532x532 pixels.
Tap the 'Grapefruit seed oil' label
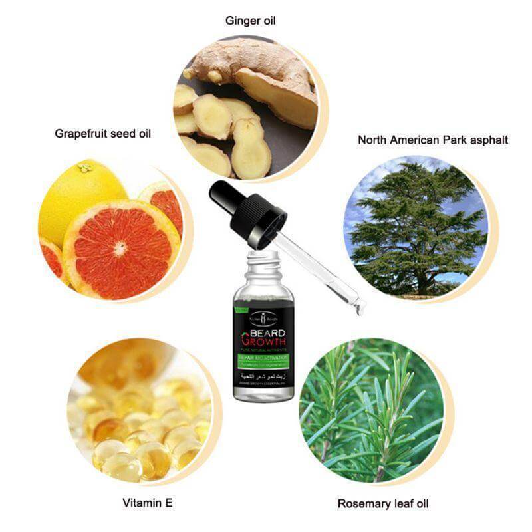[x=103, y=134]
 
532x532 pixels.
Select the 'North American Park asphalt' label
[x=433, y=140]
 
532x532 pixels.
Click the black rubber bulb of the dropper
[x=226, y=196]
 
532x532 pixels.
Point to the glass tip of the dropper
[x=360, y=307]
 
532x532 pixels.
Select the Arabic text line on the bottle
[x=265, y=378]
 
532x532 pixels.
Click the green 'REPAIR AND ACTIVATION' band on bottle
[x=265, y=360]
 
